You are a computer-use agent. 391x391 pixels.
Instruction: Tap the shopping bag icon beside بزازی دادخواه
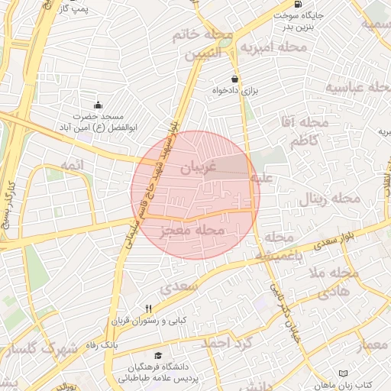[234, 79]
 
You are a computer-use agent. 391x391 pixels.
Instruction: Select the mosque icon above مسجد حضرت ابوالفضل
[97, 105]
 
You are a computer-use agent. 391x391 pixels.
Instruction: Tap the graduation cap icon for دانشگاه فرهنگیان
[158, 355]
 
